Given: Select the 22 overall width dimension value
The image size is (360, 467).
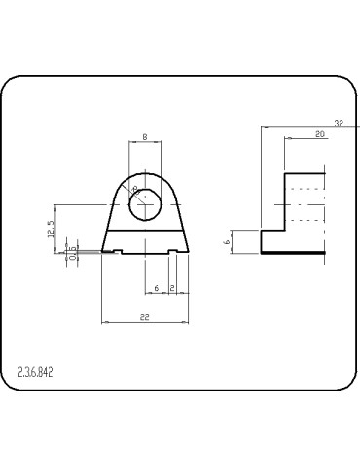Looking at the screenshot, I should pos(144,316).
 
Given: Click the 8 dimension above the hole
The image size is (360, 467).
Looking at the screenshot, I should pos(144,138).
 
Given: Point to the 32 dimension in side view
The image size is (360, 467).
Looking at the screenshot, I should pos(338,124).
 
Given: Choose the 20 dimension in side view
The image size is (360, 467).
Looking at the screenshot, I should pos(320,135).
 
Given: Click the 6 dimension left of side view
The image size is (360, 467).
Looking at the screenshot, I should pos(226,241).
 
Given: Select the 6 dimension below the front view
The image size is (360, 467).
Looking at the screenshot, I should pos(156,289).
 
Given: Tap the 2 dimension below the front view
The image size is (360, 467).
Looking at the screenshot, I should pos(171,289).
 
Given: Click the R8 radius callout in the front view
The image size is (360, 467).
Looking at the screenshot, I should pos(134,190).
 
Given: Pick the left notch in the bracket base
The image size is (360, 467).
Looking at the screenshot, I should pos(116,251).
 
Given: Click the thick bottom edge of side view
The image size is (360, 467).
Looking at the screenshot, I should pos(291,253).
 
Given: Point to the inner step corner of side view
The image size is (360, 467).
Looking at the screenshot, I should pos(283,230).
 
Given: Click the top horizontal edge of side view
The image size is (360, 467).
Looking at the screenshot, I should pos(304,173).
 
